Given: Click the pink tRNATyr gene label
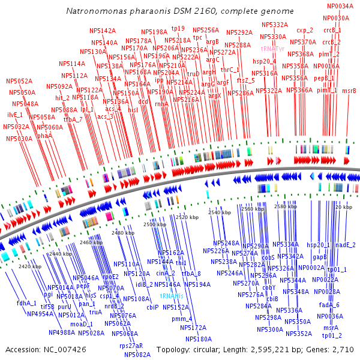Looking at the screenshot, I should coord(273,48).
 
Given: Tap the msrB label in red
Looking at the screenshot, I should coord(349,91).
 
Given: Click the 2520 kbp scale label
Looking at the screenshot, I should coord(187,217).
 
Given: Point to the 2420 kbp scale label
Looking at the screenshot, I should coord(29,266).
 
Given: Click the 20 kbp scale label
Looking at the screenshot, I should coord(343,207).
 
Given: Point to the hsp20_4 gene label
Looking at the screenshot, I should coord(264,61).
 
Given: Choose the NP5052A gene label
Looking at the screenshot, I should coord(19,81).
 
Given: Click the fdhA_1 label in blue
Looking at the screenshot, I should coord(26,303).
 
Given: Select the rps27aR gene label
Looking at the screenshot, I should coord(131,346).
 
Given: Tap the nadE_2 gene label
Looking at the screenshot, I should coord(346,245).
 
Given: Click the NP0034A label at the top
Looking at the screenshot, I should coord(340,6).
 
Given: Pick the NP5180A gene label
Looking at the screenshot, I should coord(198,339).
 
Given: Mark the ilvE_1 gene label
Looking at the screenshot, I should coord(15,115).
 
